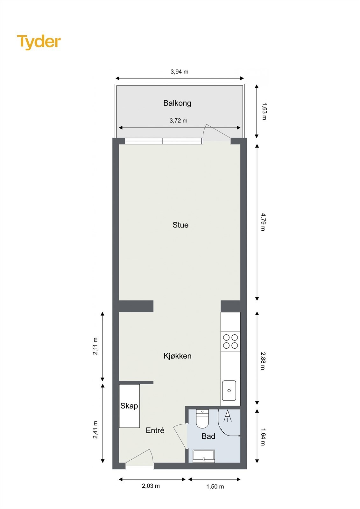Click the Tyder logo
(39, 42)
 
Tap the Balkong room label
(177, 103)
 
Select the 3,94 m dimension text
(180, 72)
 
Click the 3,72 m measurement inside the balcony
(179, 121)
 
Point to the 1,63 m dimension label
(264, 111)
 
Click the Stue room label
(180, 225)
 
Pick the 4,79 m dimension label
(263, 222)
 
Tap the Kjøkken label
(178, 356)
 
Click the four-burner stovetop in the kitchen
(230, 341)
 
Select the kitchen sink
(229, 390)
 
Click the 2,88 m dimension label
(263, 361)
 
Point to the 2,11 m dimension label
(95, 346)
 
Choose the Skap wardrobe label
(129, 406)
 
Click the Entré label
(155, 430)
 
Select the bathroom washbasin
(204, 456)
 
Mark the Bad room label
(208, 436)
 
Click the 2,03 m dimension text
(151, 486)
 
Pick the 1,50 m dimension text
(215, 486)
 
